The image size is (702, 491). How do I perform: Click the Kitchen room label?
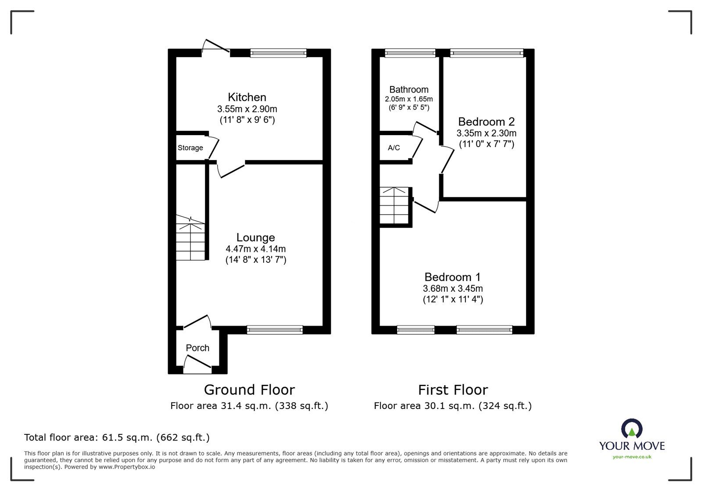(x=247, y=97)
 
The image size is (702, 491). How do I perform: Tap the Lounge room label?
(x=255, y=237)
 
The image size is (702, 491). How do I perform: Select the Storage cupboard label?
(x=190, y=148)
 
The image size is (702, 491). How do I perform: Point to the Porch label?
(x=197, y=348)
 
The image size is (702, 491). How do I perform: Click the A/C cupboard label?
(x=394, y=147)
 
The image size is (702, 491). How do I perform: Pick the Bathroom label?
(x=408, y=90)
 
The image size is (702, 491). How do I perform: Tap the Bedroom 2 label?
(x=487, y=122)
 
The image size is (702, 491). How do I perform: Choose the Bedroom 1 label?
(x=452, y=277)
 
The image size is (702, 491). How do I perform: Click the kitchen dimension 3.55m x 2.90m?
(x=247, y=109)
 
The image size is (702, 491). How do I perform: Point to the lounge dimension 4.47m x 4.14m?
(x=255, y=249)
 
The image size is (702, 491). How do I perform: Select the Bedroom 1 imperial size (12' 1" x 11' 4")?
(x=453, y=299)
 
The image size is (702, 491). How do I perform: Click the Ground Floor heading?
(x=250, y=390)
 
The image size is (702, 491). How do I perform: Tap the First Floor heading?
(x=453, y=390)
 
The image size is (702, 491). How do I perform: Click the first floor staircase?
(x=394, y=205)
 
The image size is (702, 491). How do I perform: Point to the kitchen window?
(x=278, y=53)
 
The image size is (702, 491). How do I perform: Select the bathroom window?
(x=410, y=53)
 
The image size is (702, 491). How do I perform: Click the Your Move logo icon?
(x=632, y=428)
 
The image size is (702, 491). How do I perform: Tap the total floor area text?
(x=117, y=437)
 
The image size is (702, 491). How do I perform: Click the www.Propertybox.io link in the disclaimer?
(x=127, y=467)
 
